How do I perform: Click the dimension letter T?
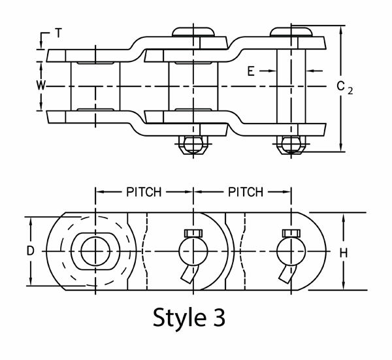tap(59, 33)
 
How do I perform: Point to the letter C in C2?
tap(340, 86)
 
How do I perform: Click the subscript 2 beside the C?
tap(351, 91)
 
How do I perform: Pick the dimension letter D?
tap(31, 251)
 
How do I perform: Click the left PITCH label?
tap(144, 192)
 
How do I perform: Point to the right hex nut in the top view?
tap(291, 144)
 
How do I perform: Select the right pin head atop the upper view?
tap(291, 31)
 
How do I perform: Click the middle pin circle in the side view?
tap(193, 251)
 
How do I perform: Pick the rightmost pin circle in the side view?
tap(291, 251)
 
